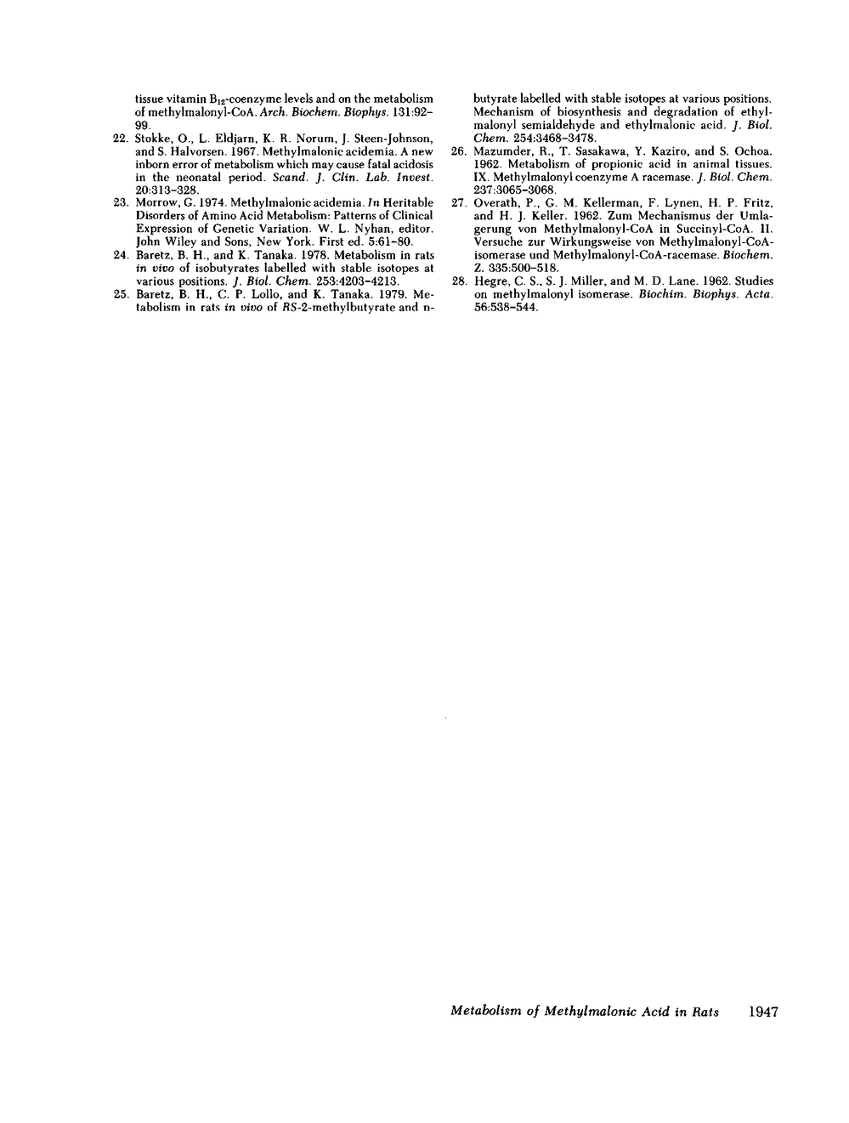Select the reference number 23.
pos(120,202)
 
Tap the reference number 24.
pos(120,255)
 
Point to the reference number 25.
pos(120,294)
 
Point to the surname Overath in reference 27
pos(494,203)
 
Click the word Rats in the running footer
pos(705,1012)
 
